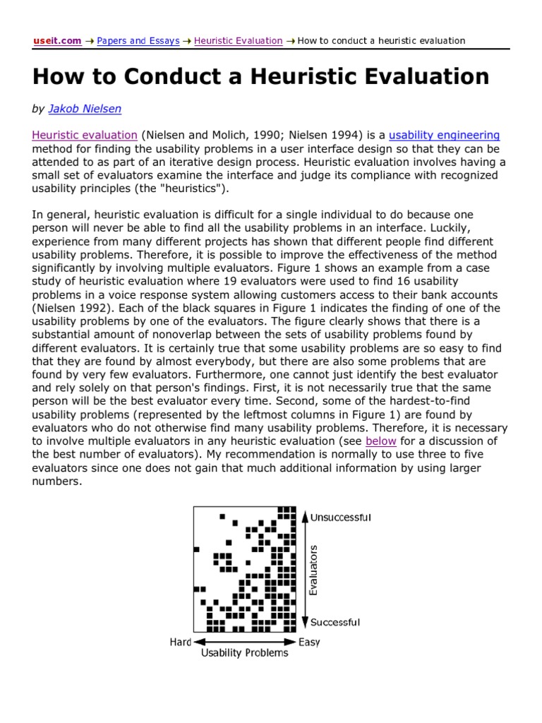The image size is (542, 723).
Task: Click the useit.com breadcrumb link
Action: pos(57,41)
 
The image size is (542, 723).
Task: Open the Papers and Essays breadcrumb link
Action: pos(138,41)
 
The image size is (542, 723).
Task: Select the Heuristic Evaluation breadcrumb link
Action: pos(238,41)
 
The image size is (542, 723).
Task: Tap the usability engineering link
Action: pos(445,135)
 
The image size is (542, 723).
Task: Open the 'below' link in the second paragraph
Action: pos(380,441)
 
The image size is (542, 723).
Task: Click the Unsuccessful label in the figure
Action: pos(341,518)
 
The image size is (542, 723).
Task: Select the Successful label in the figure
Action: pos(335,622)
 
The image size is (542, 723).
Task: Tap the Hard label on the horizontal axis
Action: pos(181,642)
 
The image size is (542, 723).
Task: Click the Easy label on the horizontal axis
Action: pos(309,642)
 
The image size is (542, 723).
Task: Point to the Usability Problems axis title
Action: pos(245,653)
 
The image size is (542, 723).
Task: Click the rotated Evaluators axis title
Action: pos(315,569)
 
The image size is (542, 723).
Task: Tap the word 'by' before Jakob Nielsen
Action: pos(38,109)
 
